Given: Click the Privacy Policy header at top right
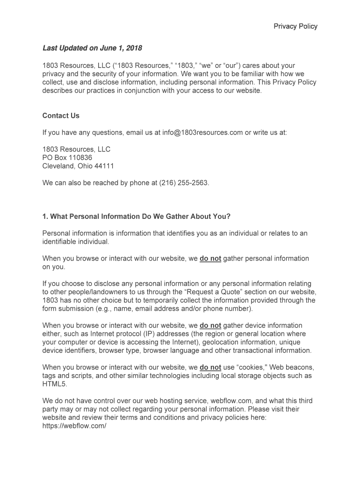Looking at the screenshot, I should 295,26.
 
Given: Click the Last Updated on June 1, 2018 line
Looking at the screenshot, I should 92,48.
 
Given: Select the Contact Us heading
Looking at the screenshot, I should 61,116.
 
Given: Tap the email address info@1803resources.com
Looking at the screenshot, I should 202,132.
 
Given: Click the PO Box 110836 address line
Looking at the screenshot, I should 67,158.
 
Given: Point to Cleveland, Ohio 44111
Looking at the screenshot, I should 78,166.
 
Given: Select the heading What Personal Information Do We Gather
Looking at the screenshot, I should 137,217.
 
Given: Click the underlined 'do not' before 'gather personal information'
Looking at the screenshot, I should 210,258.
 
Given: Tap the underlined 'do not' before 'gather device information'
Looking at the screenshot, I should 210,326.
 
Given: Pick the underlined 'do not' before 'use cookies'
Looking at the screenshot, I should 210,368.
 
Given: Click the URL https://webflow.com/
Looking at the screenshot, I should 74,427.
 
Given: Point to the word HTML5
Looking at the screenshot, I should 55,385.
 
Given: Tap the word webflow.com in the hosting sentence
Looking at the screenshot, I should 232,401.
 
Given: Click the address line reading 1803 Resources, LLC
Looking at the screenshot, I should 76,149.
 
